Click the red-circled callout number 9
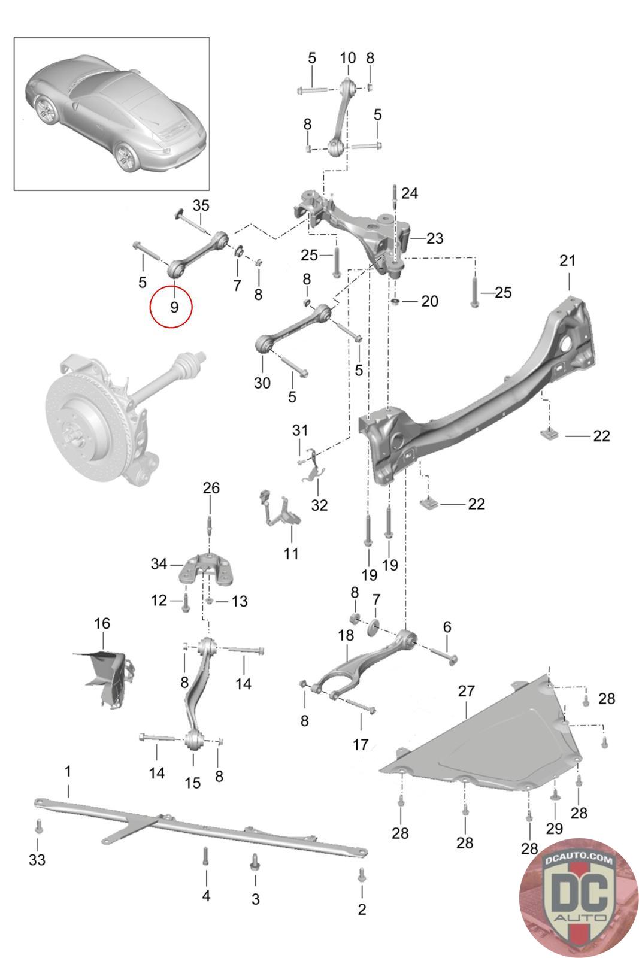click(174, 307)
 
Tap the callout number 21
click(567, 260)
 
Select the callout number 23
click(435, 238)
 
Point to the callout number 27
click(466, 691)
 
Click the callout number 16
click(102, 623)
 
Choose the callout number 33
click(37, 860)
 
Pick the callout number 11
click(291, 554)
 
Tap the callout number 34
click(159, 563)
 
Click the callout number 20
click(429, 301)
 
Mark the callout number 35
click(201, 205)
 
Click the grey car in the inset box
click(116, 113)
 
